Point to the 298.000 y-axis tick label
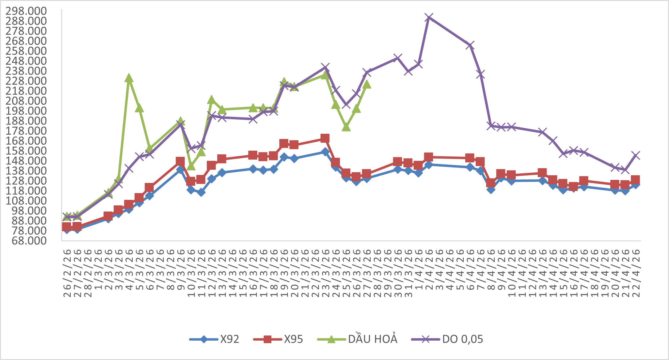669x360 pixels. [26, 11]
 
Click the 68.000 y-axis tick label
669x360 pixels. [29, 241]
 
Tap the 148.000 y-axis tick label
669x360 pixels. [26, 161]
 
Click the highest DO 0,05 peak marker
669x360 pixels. [429, 18]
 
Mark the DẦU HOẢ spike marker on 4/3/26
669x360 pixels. [129, 78]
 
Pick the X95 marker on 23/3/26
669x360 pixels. [325, 138]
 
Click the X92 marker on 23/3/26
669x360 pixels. [325, 152]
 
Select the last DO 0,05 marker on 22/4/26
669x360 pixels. [636, 156]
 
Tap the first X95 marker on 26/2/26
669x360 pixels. [67, 227]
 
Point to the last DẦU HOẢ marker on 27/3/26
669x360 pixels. [367, 85]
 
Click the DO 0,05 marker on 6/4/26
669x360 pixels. [470, 45]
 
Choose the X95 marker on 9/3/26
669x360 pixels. [180, 161]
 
